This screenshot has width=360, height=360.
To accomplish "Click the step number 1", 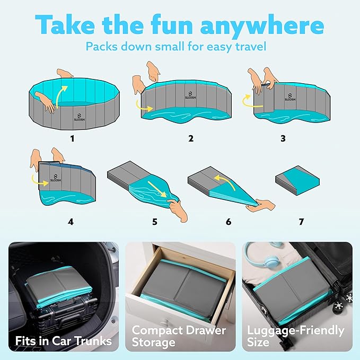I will (73, 139).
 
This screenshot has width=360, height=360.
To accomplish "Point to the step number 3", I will (283, 138).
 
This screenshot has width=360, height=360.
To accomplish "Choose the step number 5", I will (155, 222).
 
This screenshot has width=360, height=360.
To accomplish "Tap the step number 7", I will (301, 222).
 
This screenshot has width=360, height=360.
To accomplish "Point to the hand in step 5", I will (180, 211).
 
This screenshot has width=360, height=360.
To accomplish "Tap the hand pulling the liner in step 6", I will (260, 204).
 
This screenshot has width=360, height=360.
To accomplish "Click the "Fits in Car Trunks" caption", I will (63, 340).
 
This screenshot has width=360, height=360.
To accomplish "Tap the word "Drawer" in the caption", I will (203, 330).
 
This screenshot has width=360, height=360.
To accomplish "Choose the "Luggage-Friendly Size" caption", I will (295, 337).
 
